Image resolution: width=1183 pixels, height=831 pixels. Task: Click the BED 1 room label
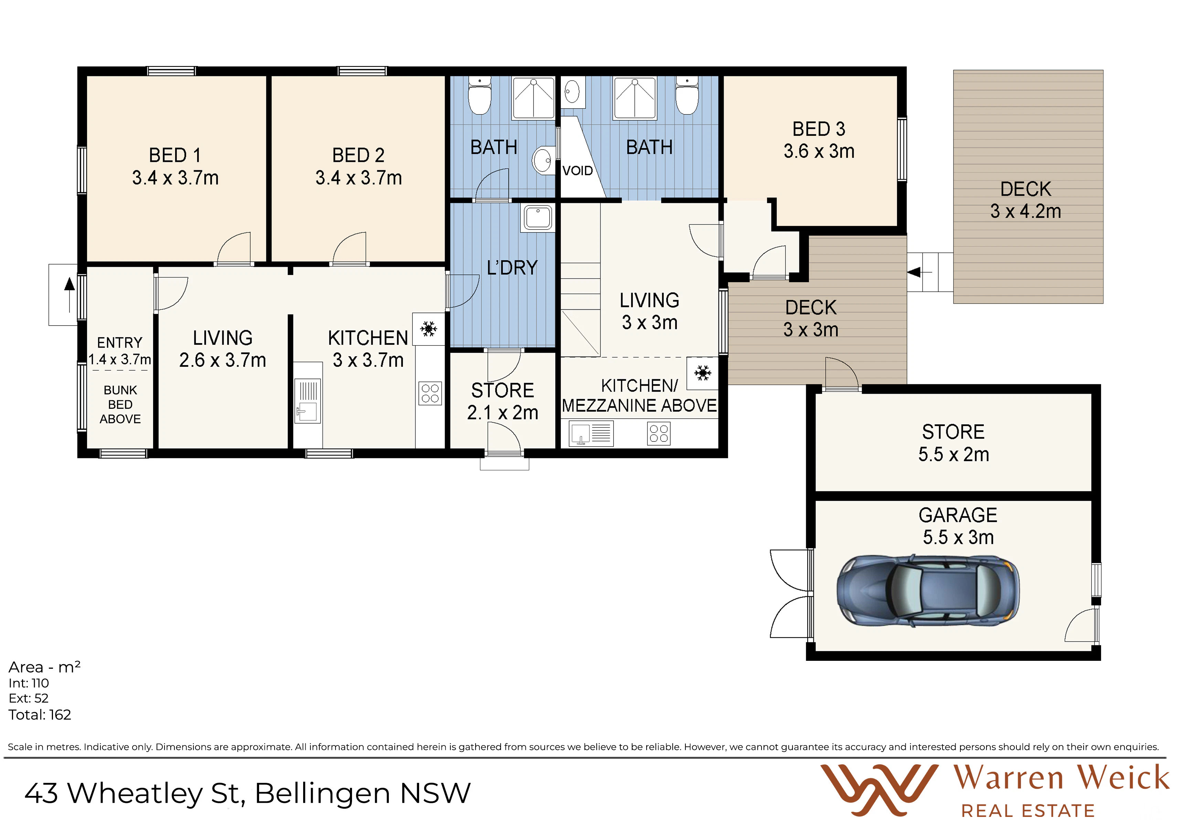[x=175, y=155]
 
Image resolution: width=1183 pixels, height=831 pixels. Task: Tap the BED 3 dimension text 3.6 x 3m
[x=819, y=151]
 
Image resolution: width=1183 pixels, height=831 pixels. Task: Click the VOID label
[x=578, y=171]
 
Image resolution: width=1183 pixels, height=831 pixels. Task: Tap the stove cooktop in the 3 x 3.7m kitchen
[x=430, y=393]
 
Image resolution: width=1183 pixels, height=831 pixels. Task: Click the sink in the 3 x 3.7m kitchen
[x=308, y=401]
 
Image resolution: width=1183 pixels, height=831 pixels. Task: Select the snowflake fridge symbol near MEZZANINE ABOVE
[x=702, y=373]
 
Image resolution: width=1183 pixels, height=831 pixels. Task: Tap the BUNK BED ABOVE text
[x=120, y=405]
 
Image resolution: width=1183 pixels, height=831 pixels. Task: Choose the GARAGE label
[x=958, y=515]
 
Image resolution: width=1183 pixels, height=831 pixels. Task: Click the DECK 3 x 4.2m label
[x=1025, y=200]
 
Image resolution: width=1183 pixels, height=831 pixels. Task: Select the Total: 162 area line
[x=40, y=715]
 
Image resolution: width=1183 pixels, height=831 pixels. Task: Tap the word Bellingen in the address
[x=322, y=794]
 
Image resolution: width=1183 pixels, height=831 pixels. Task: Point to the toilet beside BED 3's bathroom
[x=687, y=96]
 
